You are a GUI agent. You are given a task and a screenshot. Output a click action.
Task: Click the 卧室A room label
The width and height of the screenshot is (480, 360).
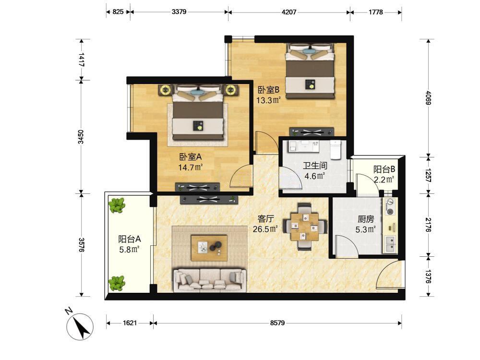[x=191, y=157]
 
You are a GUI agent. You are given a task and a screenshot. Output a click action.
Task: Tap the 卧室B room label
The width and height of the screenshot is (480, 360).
[x=268, y=90]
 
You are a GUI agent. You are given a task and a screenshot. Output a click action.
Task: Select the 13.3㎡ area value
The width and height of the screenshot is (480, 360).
[x=268, y=100]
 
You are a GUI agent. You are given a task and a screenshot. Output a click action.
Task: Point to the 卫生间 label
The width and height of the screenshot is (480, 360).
[x=315, y=166]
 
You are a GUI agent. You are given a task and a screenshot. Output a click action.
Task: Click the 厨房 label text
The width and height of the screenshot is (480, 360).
[x=365, y=219]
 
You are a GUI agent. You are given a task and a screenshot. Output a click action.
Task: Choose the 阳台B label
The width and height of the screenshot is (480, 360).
[x=384, y=169]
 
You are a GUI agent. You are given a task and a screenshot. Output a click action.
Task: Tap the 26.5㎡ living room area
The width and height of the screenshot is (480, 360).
[x=265, y=229]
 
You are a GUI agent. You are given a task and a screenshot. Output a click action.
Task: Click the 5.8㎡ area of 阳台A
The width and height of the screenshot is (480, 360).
[x=130, y=249]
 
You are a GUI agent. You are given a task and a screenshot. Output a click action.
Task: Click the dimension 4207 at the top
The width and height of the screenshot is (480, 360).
[x=288, y=12]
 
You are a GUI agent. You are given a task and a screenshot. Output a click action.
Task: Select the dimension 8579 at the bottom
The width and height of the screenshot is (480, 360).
[x=277, y=323]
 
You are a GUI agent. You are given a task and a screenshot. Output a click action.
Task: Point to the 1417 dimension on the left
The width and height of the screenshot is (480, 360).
[x=82, y=60]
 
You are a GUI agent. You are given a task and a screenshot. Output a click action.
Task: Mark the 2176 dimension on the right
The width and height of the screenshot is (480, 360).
[x=429, y=225]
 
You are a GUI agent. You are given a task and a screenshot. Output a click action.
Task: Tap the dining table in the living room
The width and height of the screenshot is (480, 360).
[x=305, y=227]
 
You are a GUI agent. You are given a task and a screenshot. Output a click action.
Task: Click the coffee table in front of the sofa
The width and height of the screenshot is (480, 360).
[x=209, y=248]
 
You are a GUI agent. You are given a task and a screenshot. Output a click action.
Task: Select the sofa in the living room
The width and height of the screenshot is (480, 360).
[x=210, y=280]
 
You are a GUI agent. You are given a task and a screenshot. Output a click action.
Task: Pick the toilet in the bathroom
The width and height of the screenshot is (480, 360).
[x=336, y=149]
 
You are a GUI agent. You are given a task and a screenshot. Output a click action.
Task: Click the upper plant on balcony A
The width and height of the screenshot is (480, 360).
[x=117, y=205]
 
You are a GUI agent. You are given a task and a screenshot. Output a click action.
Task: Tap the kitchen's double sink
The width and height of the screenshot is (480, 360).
[x=390, y=244]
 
